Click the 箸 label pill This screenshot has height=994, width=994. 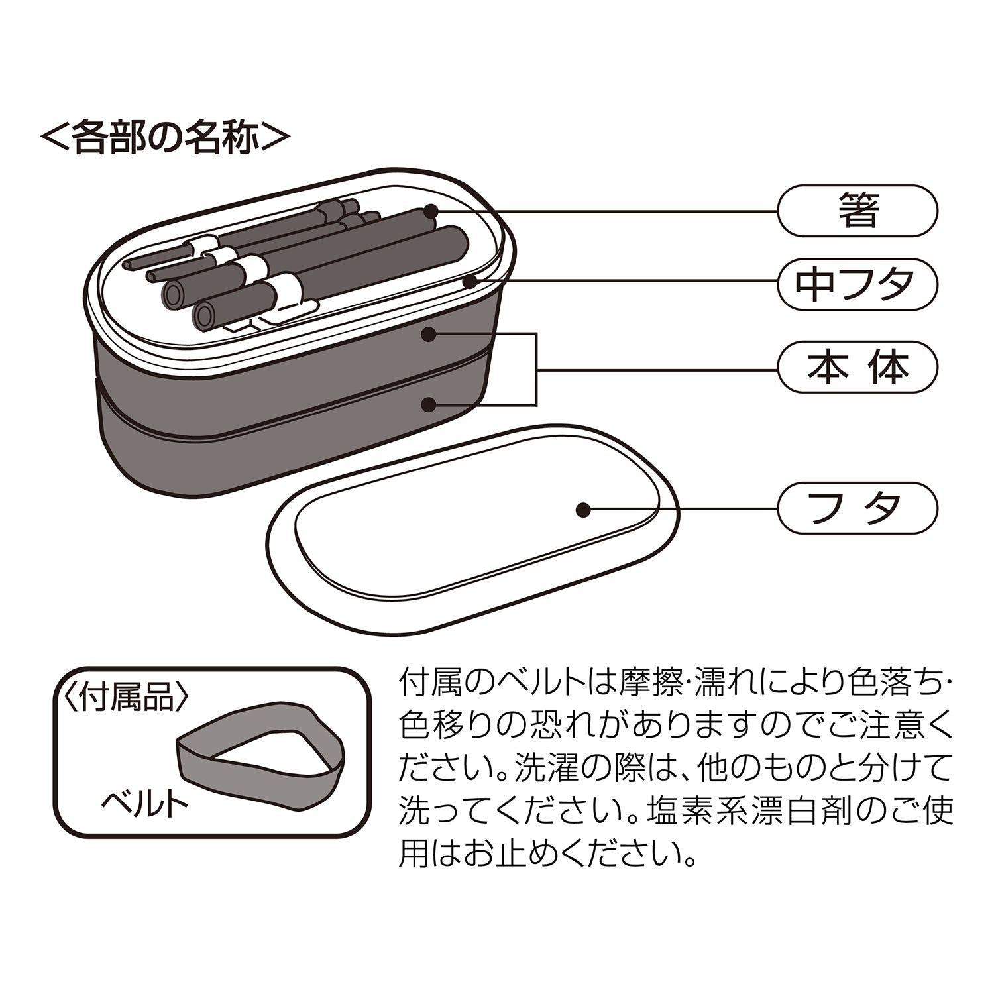coord(857,211)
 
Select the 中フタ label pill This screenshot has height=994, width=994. coord(857,284)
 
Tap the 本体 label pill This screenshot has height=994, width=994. coord(857,367)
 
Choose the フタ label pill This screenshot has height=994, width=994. coord(857,508)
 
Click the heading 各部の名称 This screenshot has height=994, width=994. coord(165,137)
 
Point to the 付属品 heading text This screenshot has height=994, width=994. coord(126,697)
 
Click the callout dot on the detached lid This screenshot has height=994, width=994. coord(583,509)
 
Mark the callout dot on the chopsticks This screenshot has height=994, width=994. coord(431,211)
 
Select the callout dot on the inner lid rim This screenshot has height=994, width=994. coord(469,282)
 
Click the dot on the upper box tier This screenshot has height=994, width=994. coord(429,335)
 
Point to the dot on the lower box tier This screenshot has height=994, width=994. coord(429,403)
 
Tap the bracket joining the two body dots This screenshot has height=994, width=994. coord(535,368)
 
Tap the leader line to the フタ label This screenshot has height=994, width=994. coord(683,509)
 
